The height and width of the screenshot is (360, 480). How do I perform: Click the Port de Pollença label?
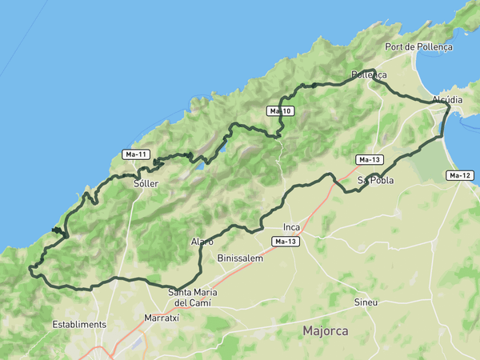pos(418,46)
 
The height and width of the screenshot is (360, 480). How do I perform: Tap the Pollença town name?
pos(369,75)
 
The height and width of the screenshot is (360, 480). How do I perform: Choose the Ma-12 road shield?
pos(460,175)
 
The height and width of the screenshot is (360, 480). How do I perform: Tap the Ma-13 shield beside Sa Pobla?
pos(370,160)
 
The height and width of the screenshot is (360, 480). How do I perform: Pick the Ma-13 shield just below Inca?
pos(286,242)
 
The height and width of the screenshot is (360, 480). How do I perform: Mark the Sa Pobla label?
pos(375,180)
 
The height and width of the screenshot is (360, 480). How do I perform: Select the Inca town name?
pos(291,227)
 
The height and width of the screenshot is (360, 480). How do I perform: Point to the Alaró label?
pos(202,241)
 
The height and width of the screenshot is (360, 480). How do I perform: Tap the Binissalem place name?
pos(240,258)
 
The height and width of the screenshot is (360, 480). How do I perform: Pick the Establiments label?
pos(79,324)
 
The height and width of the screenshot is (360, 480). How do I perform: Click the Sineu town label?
pos(366,302)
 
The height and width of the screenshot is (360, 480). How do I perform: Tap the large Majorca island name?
pos(326,330)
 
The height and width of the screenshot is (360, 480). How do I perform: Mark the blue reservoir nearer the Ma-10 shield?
pos(223,149)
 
